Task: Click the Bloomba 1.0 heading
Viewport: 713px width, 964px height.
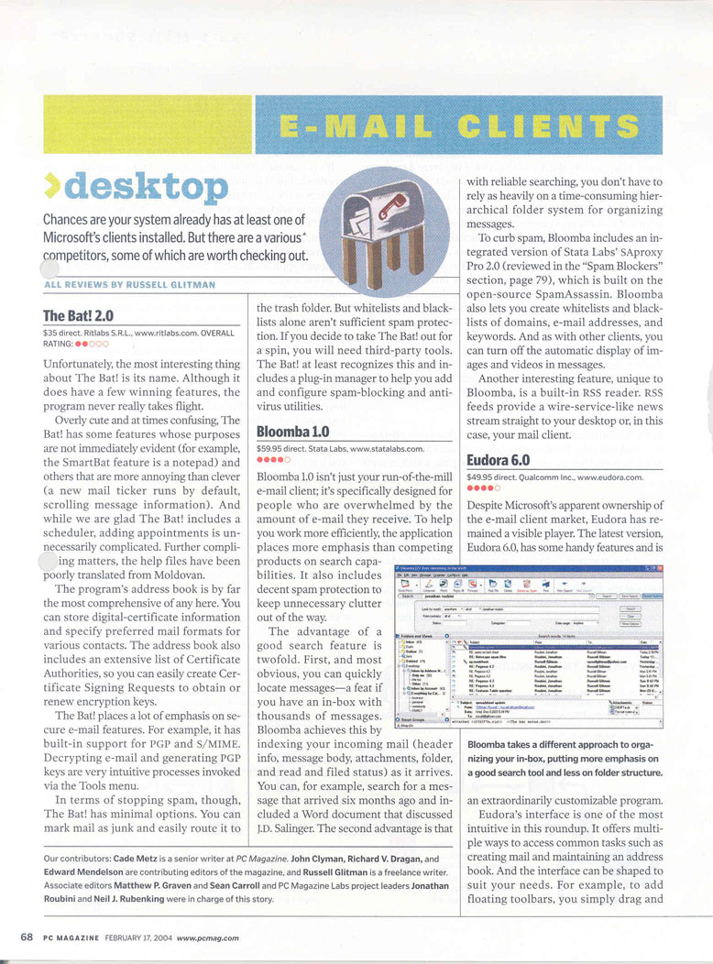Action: [x=292, y=430]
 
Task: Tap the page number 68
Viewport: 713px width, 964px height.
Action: [x=27, y=937]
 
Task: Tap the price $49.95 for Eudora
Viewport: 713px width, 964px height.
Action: [x=482, y=477]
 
